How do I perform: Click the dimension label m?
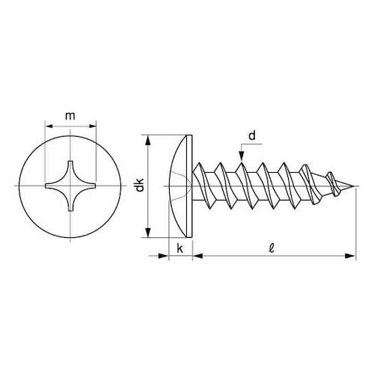(70, 116)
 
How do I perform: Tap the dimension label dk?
(140, 185)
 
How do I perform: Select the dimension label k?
(180, 248)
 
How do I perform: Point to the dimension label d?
(252, 136)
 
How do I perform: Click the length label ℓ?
(272, 248)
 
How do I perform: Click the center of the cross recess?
(70, 186)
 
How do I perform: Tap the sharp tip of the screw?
(354, 186)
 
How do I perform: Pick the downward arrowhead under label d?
(241, 156)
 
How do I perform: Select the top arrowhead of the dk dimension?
(148, 140)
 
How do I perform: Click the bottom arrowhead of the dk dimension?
(148, 233)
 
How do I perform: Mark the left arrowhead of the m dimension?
(49, 126)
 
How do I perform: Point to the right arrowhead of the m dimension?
(91, 126)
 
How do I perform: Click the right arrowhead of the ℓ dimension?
(349, 256)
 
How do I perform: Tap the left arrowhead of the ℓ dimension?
(198, 256)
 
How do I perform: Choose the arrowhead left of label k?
(163, 256)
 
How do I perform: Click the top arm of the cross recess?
(70, 170)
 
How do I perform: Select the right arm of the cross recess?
(87, 186)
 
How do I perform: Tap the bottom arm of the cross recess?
(70, 203)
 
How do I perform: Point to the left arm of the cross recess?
(54, 186)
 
